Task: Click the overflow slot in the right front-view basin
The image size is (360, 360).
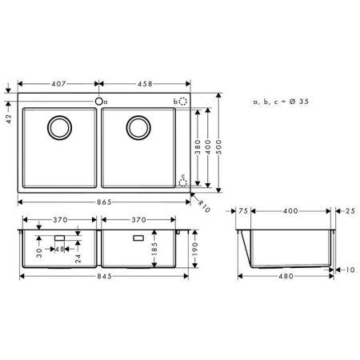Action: (138, 238)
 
